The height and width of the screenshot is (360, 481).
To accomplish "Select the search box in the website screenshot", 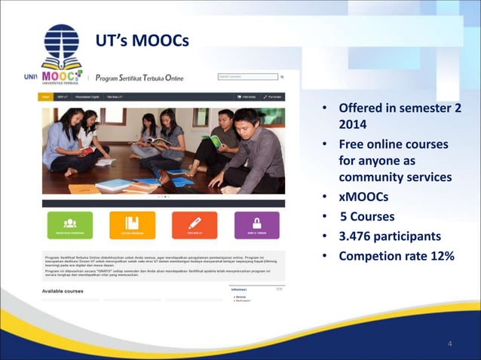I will click(247, 77).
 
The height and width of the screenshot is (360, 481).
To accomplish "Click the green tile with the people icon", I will click(69, 224).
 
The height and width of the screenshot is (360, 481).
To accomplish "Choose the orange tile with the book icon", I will click(132, 224).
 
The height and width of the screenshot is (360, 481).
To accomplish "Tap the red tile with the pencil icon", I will click(195, 224).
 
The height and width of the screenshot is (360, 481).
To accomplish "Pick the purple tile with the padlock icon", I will click(257, 224).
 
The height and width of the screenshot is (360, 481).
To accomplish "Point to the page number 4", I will click(450, 344).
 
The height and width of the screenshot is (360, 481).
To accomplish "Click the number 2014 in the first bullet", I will click(353, 125).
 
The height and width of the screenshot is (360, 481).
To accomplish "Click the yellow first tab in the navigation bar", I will click(46, 97).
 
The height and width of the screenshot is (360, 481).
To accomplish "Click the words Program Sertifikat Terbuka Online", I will click(139, 78).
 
